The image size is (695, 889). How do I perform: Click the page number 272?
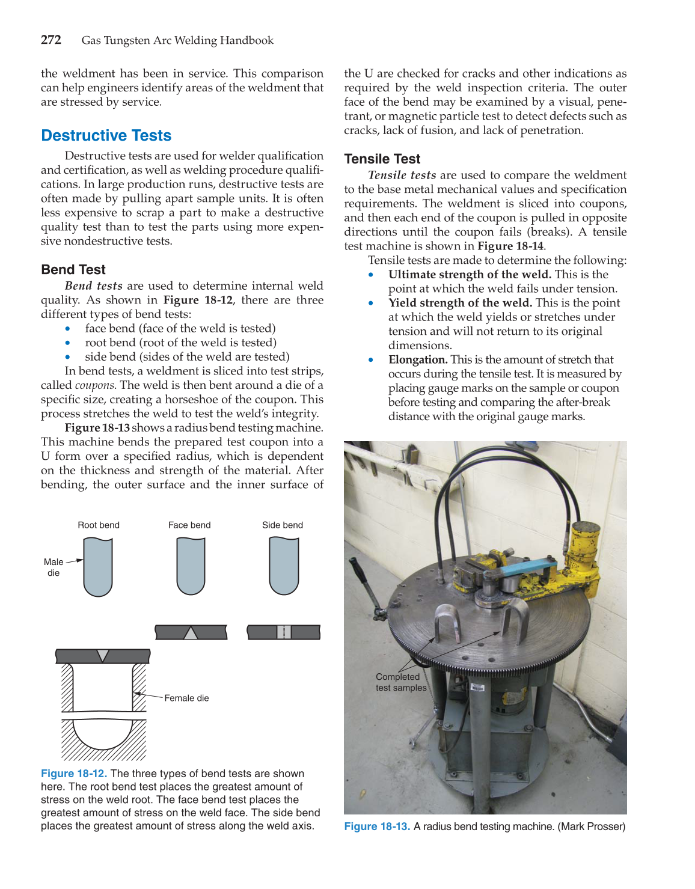(x=51, y=40)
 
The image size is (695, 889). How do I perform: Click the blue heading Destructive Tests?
(x=106, y=135)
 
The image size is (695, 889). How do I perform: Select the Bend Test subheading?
(x=73, y=269)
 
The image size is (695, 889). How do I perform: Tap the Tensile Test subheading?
(x=382, y=159)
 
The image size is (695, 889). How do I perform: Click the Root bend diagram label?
(x=99, y=525)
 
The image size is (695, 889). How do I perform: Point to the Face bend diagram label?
(x=189, y=525)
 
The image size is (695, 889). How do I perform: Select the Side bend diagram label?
(x=283, y=525)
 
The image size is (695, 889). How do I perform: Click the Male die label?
(x=54, y=567)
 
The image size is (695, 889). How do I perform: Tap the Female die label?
(x=186, y=698)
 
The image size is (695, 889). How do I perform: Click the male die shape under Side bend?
(x=284, y=565)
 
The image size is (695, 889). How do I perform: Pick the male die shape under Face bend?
(x=191, y=565)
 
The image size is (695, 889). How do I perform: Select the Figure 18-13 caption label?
(x=377, y=826)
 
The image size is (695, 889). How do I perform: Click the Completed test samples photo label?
(x=400, y=682)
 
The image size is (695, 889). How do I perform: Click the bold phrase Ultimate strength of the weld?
(x=470, y=275)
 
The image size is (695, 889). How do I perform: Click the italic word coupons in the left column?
(x=94, y=385)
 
